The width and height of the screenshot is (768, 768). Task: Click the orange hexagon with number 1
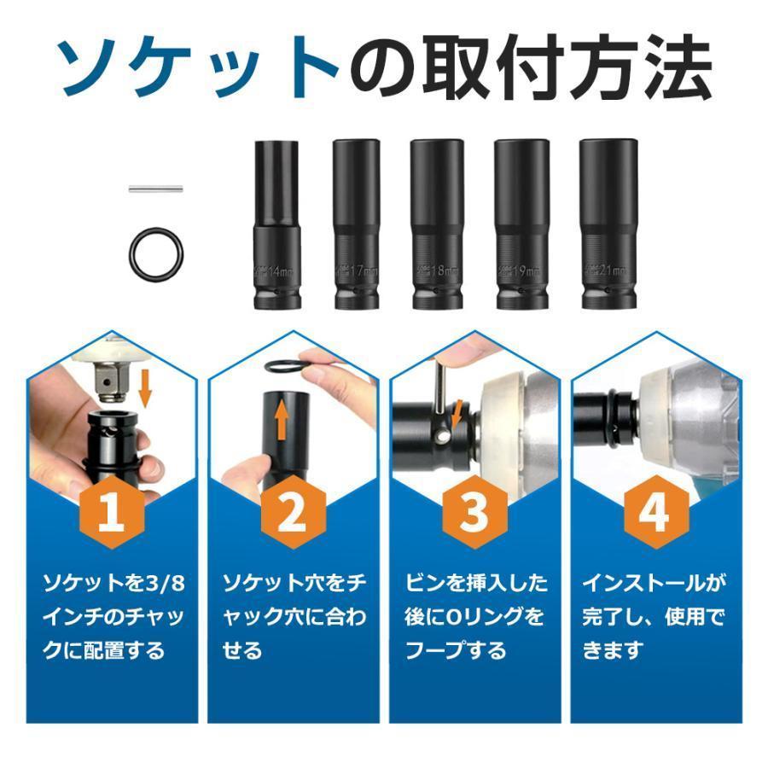(x=111, y=514)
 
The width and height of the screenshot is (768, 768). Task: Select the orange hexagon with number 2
(x=293, y=514)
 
